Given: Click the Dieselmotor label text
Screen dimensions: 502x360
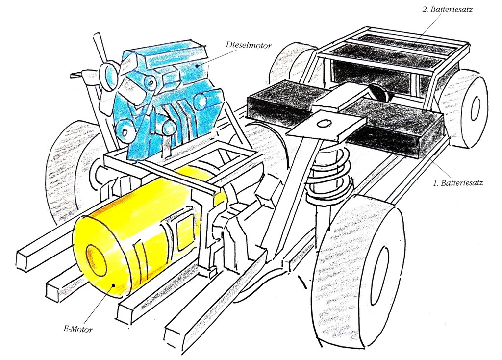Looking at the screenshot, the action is [x=249, y=45].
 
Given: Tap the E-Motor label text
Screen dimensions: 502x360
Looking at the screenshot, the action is [x=78, y=329].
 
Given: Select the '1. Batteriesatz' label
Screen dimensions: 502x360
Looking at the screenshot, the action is [x=458, y=183].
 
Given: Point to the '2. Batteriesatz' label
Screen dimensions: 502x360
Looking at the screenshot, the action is [x=447, y=9].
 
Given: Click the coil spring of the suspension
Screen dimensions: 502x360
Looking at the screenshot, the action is [x=328, y=180].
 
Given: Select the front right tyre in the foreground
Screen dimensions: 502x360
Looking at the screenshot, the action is [x=362, y=272].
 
